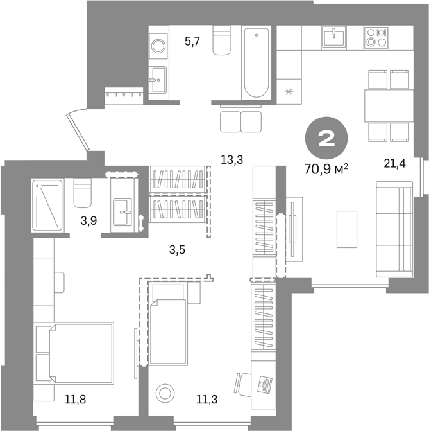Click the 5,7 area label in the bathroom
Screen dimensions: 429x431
point(192,42)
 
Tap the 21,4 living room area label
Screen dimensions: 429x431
point(394,164)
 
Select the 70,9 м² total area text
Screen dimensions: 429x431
point(326,169)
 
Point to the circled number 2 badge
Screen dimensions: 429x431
point(326,138)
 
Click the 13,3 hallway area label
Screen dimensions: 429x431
point(232,159)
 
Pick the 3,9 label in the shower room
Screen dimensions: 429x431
point(88,220)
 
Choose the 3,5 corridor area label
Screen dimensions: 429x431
point(178,250)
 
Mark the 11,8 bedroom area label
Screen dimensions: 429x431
point(75,400)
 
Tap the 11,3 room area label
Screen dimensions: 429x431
point(207,400)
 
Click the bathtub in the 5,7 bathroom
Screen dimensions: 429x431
point(257,63)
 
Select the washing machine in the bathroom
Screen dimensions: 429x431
point(158,46)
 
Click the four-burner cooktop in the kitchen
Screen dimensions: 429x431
point(376,37)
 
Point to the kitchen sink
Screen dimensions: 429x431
point(333,37)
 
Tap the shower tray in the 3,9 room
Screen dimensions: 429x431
point(47,205)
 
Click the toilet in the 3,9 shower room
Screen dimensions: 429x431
point(82,193)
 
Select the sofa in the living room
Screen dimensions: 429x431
point(394,229)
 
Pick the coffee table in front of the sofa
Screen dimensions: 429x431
point(347,229)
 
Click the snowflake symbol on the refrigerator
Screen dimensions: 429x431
point(289,92)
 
